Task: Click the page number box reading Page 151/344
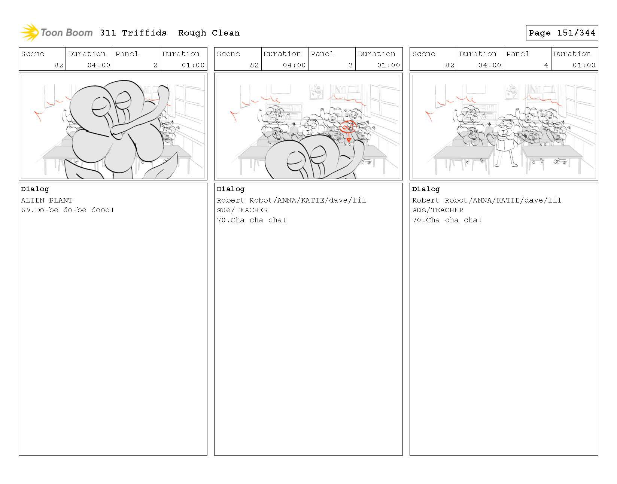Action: coord(562,33)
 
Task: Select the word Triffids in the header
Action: coord(144,33)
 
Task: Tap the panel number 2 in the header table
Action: coord(155,65)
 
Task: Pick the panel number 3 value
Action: coord(351,65)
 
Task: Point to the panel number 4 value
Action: coord(546,65)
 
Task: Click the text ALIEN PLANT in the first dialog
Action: coord(46,200)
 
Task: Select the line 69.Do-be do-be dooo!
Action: coord(67,210)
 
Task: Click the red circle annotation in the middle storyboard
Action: coord(347,127)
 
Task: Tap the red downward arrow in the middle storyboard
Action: coord(349,137)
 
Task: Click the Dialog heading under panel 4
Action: coord(426,189)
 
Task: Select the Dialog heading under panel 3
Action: coord(230,189)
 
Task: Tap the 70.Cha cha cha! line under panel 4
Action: coord(447,220)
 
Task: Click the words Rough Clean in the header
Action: coord(209,33)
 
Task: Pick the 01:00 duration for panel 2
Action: coord(193,65)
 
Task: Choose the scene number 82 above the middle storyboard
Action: coord(254,65)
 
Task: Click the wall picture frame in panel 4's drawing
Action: coord(512,91)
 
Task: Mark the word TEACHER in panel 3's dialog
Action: coord(252,210)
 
